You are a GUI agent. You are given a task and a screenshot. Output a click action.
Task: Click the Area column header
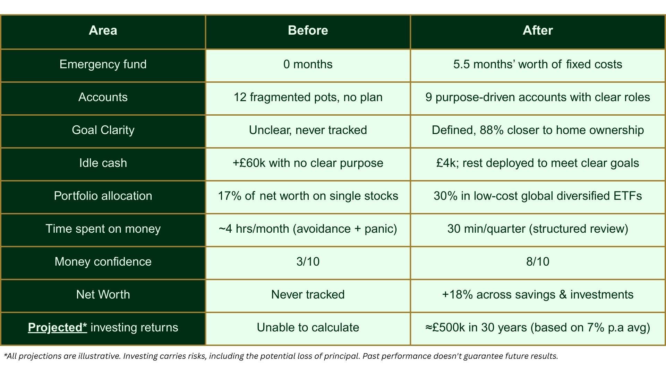tap(103, 30)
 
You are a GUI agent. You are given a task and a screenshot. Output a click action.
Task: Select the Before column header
tap(308, 30)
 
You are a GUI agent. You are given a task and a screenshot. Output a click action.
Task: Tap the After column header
tap(538, 30)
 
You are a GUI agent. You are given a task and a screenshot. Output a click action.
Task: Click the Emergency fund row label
tap(103, 64)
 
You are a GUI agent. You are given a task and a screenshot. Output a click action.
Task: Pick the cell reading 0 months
tap(308, 64)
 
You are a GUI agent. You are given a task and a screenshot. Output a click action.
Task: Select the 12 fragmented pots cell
tap(308, 97)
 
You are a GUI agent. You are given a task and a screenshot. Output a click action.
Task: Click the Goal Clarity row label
tap(103, 130)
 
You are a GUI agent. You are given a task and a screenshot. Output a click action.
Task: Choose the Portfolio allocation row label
tap(103, 196)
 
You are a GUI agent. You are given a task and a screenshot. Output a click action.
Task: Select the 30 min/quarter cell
tap(538, 229)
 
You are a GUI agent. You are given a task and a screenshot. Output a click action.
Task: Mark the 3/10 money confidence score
tap(308, 262)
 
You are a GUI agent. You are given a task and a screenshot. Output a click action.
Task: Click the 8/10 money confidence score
tap(538, 262)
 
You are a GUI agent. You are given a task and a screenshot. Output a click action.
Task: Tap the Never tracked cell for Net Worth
tap(308, 295)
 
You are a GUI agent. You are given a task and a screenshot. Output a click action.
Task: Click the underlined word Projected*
tap(57, 328)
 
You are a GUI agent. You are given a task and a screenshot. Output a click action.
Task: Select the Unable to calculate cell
tap(308, 328)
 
